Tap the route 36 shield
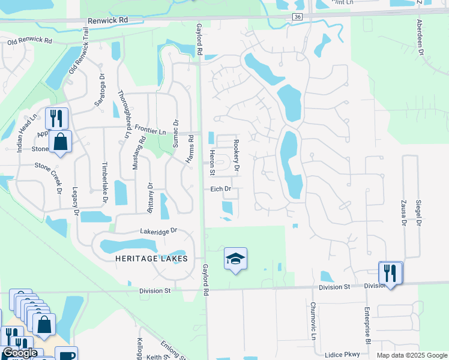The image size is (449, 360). [298, 17]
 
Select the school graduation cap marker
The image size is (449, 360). [235, 259]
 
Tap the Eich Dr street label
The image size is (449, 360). [220, 189]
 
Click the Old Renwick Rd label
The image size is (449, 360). [29, 42]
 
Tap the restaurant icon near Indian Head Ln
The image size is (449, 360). [56, 118]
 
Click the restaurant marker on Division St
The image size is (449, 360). [391, 273]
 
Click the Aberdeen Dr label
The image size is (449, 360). [420, 38]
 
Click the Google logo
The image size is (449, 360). [20, 353]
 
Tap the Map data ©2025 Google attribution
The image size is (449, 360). [412, 355]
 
